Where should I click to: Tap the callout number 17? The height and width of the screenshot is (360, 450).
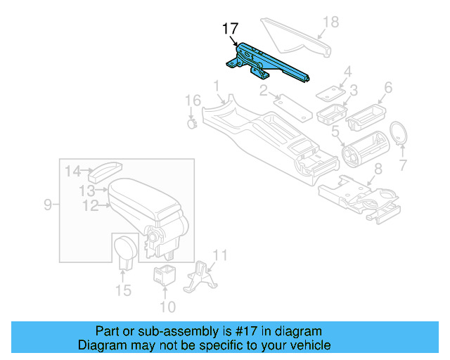click(231, 29)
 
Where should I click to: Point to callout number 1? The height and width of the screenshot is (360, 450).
click(217, 86)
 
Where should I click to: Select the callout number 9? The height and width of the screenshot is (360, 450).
click(48, 205)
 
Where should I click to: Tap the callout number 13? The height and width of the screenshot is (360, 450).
click(86, 190)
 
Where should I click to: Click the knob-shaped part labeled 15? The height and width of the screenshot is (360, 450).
click(125, 251)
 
